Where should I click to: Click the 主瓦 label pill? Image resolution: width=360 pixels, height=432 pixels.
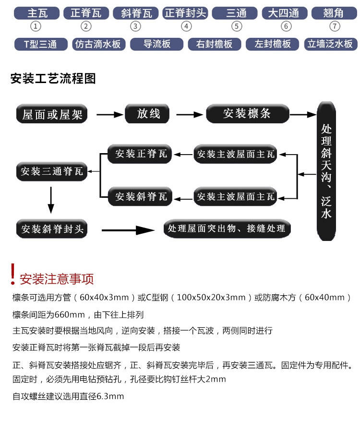[36, 13]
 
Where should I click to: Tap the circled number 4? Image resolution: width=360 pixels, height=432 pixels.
[186, 26]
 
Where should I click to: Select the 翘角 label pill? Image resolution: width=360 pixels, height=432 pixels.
[334, 13]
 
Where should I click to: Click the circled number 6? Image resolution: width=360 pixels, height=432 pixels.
[286, 26]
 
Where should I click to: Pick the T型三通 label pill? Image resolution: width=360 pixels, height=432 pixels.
[41, 44]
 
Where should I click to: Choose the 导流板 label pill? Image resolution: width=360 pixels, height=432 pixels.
[157, 44]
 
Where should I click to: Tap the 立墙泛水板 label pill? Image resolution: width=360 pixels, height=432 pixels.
[331, 44]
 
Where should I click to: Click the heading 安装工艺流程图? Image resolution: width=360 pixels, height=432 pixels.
[53, 79]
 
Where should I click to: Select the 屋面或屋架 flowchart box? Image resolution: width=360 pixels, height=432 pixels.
[52, 114]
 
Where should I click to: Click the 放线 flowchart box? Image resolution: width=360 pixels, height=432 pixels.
[147, 113]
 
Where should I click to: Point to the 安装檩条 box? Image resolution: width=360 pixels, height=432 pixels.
[248, 113]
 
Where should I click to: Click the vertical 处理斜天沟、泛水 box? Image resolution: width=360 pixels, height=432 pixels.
[326, 171]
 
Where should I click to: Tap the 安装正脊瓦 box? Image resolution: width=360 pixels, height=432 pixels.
[140, 154]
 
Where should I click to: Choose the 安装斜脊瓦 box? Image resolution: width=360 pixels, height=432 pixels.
[140, 196]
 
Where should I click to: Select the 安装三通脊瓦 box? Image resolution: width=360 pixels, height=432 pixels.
[52, 171]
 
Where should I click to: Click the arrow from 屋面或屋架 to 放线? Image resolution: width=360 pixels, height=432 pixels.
[109, 114]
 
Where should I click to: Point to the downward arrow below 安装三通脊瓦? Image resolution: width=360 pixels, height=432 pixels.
[51, 200]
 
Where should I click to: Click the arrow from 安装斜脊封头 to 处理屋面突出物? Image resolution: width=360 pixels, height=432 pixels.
[128, 230]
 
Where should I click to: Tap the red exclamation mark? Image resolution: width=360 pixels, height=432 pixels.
[12, 274]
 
